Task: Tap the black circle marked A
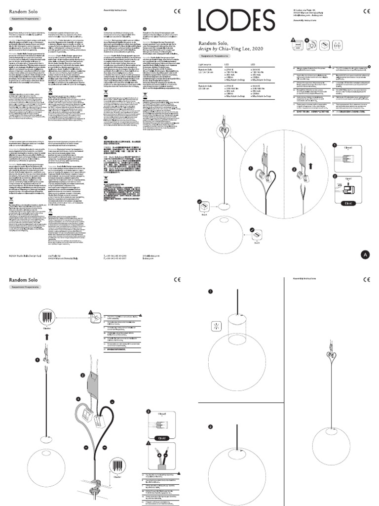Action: [x=365, y=254]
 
